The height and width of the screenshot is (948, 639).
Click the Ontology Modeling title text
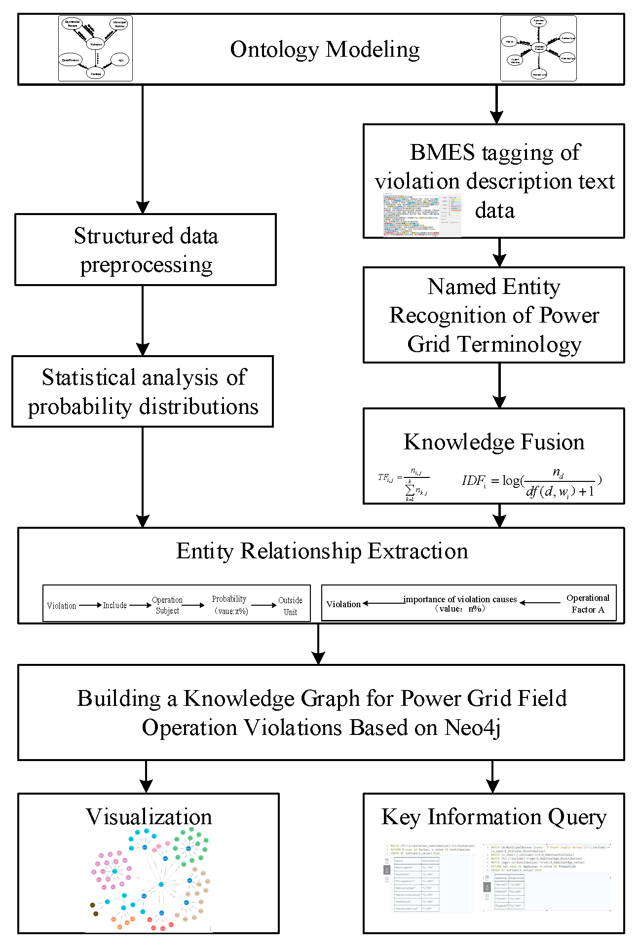[325, 50]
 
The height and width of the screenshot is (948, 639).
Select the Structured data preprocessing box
[146, 250]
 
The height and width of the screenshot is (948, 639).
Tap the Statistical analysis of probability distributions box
[143, 392]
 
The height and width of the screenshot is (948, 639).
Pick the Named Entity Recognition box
[493, 315]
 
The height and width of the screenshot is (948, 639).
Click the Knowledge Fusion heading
[493, 442]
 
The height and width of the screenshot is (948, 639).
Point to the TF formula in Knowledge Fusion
[403, 484]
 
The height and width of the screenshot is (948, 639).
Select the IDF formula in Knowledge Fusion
[531, 483]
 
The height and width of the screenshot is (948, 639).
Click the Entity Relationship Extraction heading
[322, 551]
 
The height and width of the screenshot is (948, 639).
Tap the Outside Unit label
[290, 606]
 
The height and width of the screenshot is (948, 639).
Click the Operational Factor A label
[588, 604]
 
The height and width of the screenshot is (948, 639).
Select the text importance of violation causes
[460, 599]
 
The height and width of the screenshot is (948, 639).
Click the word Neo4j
[472, 728]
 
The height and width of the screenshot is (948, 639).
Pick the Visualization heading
[149, 817]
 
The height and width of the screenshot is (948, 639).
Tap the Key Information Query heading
[493, 817]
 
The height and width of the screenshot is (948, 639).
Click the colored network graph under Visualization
[150, 880]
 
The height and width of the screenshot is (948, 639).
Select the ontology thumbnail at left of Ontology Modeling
[95, 48]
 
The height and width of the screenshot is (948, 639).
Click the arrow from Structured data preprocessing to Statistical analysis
[143, 321]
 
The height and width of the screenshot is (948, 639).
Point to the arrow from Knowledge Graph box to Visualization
[146, 776]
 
